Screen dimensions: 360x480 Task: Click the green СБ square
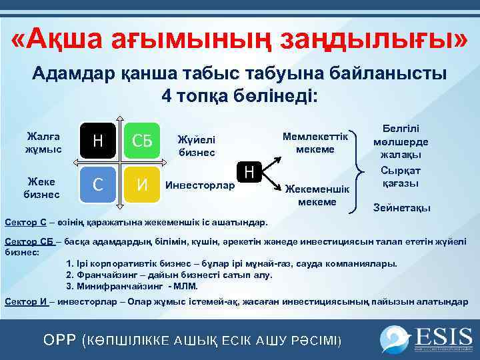142,141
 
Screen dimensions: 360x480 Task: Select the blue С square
98,184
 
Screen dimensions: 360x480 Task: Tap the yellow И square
142,184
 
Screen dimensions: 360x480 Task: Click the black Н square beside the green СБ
98,141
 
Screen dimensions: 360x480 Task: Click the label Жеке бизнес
43,187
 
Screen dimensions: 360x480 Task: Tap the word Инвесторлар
200,185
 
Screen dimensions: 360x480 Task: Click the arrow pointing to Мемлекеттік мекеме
273,159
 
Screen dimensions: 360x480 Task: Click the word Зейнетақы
401,207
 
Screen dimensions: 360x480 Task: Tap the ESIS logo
426,339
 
